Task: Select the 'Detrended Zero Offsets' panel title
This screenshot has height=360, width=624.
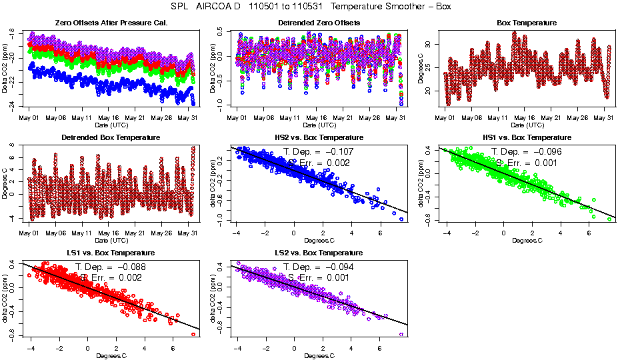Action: tap(319, 23)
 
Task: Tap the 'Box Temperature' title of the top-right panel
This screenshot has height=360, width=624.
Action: tap(527, 23)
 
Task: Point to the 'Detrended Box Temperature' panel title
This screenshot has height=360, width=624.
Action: tap(110, 138)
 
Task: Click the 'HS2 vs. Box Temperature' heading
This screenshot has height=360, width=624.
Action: tap(319, 138)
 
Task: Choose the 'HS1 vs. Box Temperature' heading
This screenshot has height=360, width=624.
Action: tap(527, 138)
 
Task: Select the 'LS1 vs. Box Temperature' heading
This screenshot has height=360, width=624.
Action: tap(110, 253)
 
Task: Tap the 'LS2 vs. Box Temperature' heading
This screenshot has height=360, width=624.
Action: tap(319, 253)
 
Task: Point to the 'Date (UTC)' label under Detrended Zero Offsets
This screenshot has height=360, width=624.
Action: tap(319, 125)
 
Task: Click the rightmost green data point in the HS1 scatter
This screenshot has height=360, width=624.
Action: tap(609, 219)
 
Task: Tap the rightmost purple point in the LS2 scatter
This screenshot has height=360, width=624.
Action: tap(401, 334)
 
